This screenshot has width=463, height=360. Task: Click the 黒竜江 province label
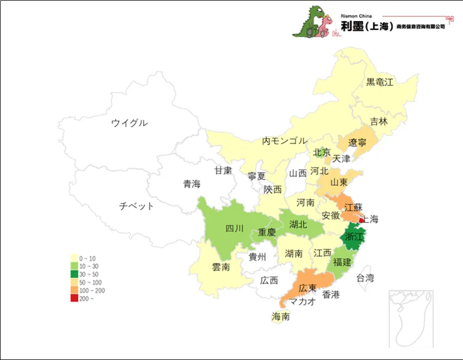tap(380, 82)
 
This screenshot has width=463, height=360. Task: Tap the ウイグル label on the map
tap(129, 122)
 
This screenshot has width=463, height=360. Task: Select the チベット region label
tap(137, 206)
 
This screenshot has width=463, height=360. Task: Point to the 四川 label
tap(234, 228)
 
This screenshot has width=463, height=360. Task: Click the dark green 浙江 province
tap(353, 237)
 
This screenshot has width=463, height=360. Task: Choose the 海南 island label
tap(281, 316)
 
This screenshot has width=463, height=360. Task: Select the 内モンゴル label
tap(284, 141)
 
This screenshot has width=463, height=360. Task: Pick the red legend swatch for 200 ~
tap(74, 298)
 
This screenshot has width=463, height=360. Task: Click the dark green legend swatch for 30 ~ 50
tap(74, 274)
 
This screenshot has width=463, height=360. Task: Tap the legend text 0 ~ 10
tap(88, 258)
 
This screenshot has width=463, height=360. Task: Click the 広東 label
tap(307, 288)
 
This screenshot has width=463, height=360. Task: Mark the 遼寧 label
tap(357, 143)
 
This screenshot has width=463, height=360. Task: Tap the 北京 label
tap(321, 152)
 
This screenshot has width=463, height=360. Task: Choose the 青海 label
tap(192, 184)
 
